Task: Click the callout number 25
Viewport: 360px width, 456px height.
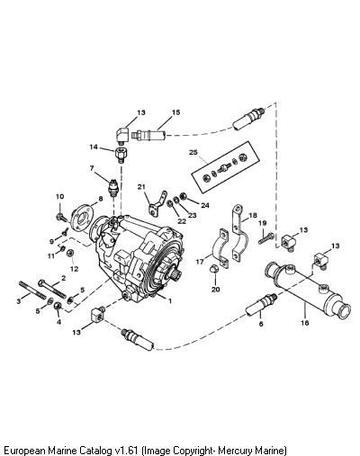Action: point(193,152)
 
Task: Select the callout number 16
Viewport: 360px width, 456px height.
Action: point(304,323)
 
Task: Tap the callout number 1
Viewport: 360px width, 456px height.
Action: point(170,300)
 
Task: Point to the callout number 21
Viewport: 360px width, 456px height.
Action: point(141,187)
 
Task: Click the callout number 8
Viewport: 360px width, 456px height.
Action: point(101,199)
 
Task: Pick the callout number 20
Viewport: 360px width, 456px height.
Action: point(215,290)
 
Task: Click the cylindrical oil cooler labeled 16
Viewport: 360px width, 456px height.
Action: point(308,290)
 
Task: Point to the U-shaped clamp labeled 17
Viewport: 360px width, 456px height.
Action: point(220,248)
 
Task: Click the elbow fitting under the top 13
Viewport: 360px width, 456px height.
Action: point(122,134)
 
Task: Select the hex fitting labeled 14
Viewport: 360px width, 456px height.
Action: point(121,155)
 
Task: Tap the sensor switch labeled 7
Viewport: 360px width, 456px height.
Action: point(113,188)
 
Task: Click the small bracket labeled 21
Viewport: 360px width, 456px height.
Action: point(157,204)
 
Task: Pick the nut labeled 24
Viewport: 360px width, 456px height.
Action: point(183,196)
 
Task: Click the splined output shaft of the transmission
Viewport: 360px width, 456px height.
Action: point(177,273)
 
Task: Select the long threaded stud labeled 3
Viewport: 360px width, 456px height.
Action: point(32,290)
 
